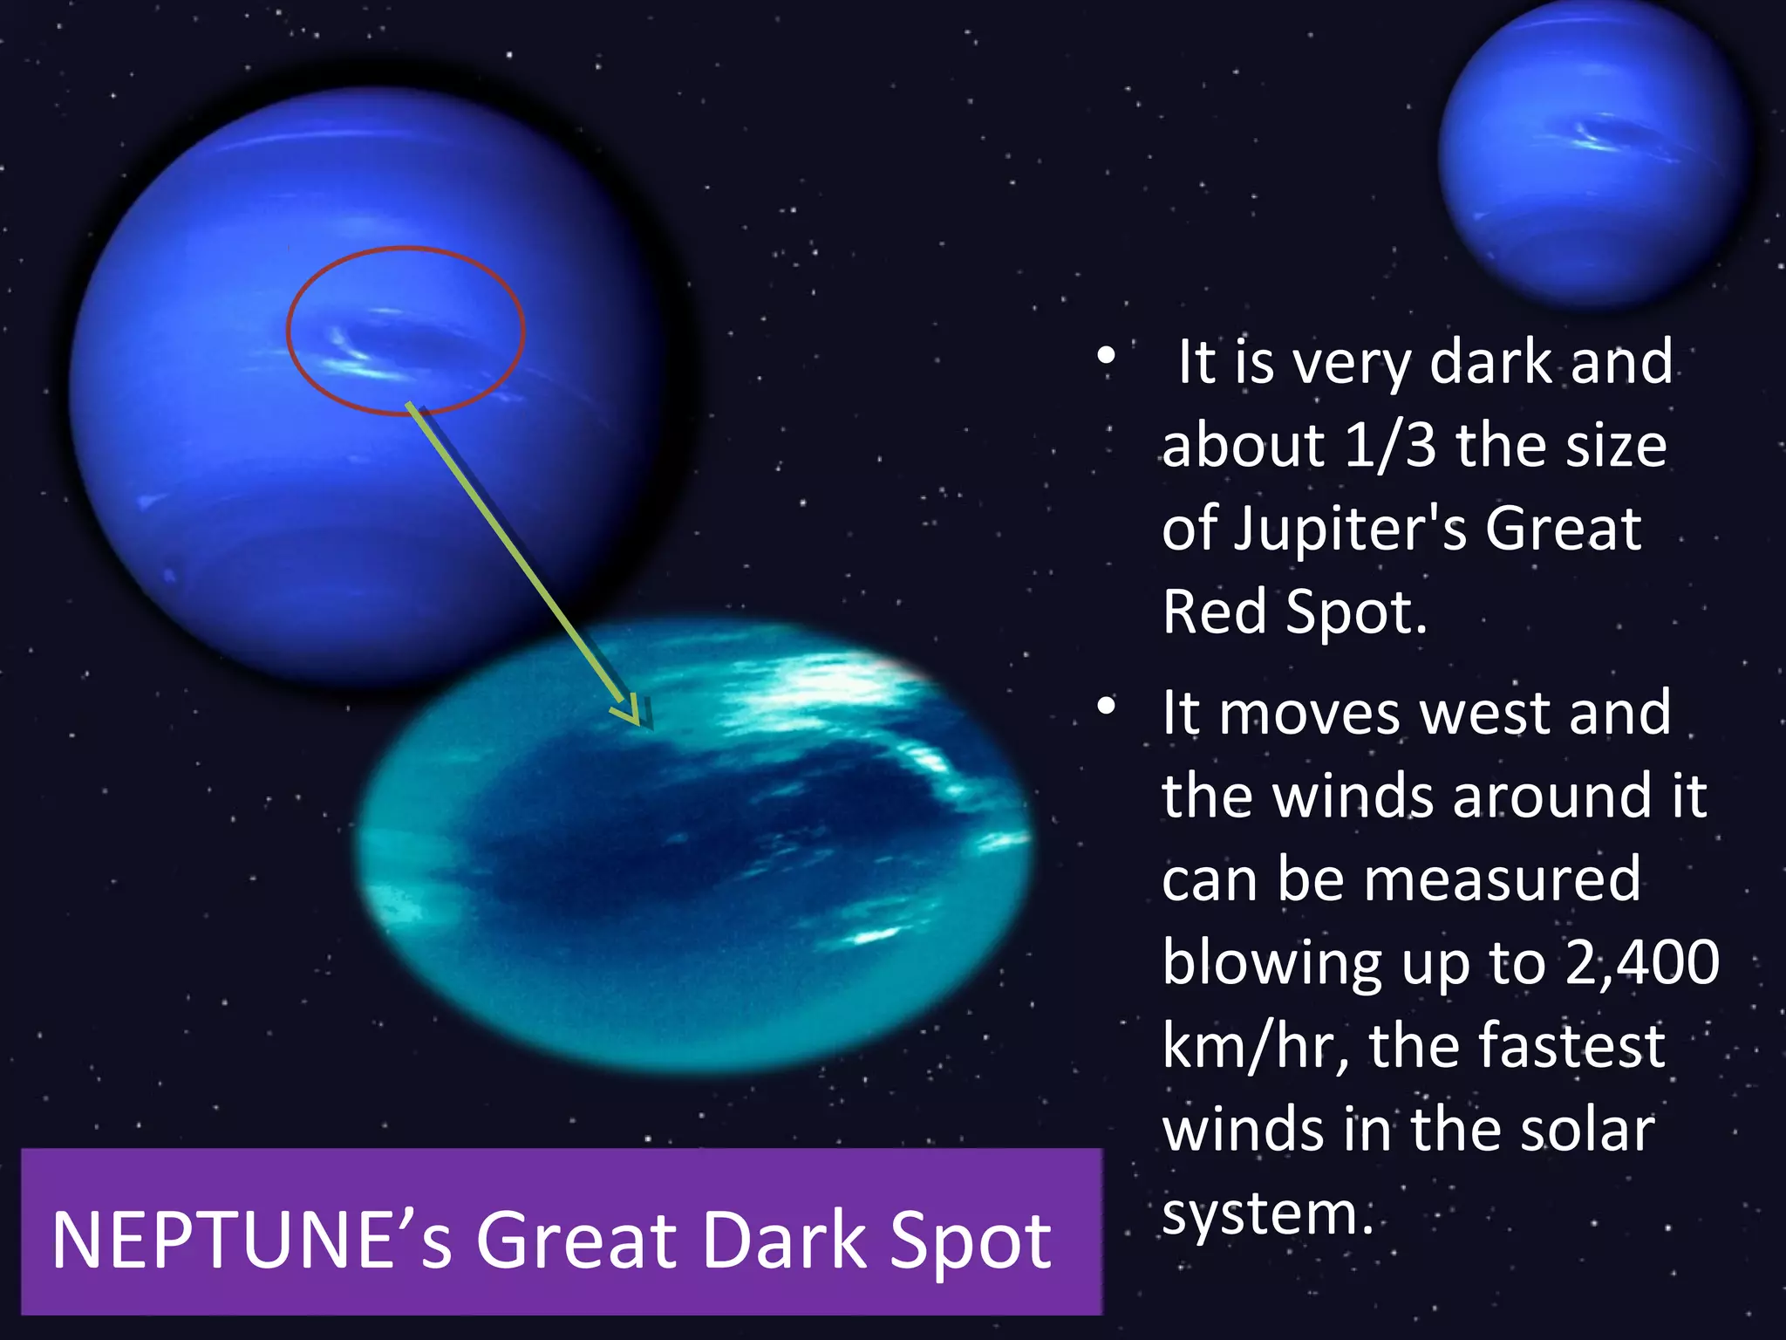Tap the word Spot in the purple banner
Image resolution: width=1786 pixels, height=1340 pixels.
[x=969, y=1241]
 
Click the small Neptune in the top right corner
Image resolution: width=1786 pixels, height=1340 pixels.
[x=1592, y=153]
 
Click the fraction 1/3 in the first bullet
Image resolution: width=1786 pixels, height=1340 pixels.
[x=1390, y=445]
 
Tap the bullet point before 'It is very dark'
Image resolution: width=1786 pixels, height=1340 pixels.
[x=1106, y=356]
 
